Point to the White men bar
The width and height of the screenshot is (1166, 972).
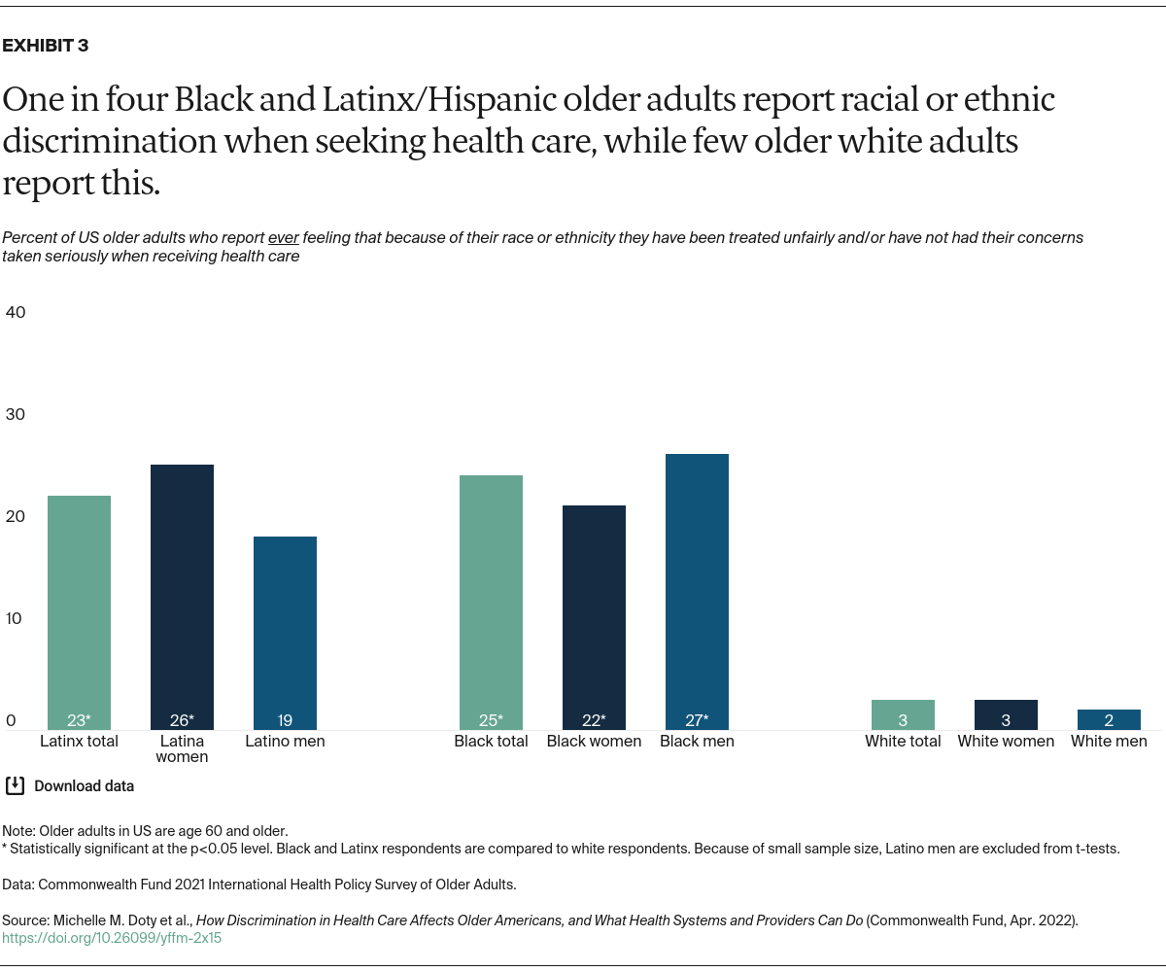[x=1109, y=719]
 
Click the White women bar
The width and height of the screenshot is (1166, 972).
[x=1006, y=714]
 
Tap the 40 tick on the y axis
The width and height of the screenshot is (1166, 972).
[x=16, y=312]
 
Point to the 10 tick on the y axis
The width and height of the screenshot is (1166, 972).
[x=16, y=618]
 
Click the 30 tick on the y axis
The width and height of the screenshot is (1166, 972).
[x=16, y=414]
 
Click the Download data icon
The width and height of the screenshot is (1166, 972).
[x=16, y=785]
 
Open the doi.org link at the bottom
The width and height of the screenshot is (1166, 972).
[x=112, y=939]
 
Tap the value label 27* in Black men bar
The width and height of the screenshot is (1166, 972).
[x=697, y=720]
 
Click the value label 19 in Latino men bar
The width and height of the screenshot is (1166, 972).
[x=285, y=720]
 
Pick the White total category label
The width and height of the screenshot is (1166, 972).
[x=903, y=741]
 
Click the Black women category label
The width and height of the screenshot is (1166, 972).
[x=594, y=741]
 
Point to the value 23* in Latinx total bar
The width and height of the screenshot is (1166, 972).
[x=79, y=720]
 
